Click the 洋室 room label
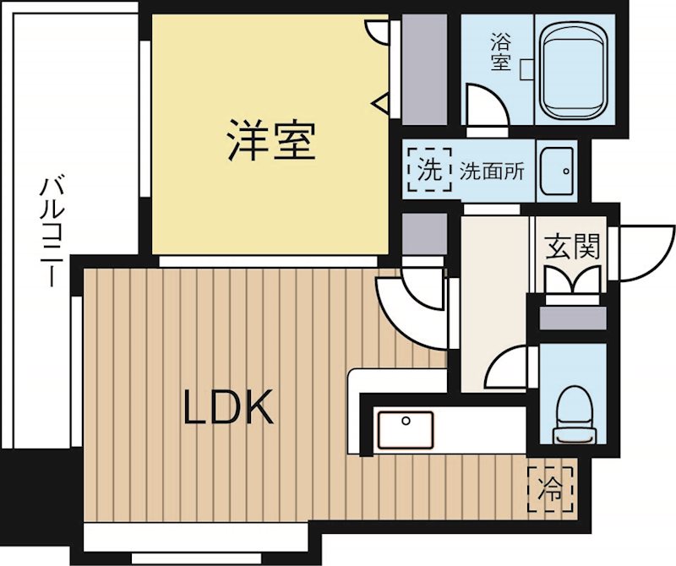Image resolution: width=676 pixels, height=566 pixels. tap(270, 141)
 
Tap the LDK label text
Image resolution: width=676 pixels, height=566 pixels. tap(228, 409)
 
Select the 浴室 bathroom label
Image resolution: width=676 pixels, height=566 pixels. tap(500, 51)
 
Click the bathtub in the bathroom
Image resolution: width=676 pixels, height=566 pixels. tap(575, 72)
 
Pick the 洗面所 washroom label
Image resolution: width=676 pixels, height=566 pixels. tap(493, 171)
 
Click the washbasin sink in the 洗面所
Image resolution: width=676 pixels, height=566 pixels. tap(557, 169)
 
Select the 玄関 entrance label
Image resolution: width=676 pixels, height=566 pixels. tap(571, 248)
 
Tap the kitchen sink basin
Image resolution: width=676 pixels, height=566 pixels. tap(405, 430)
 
